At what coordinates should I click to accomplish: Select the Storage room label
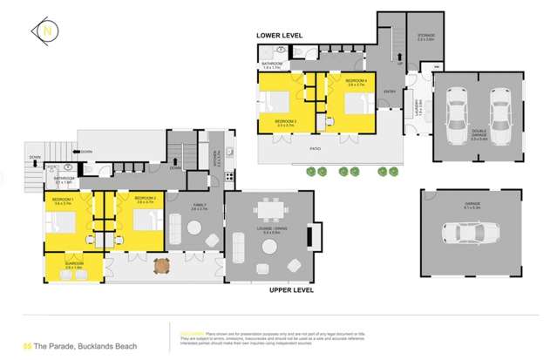click(x=425, y=38)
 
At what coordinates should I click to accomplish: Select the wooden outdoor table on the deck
click(x=160, y=266)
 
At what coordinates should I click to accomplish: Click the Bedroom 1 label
click(x=62, y=200)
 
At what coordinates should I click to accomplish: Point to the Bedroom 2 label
click(x=146, y=200)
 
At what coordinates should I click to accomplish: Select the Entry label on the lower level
click(x=389, y=91)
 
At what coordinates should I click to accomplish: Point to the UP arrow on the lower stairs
click(x=399, y=64)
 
